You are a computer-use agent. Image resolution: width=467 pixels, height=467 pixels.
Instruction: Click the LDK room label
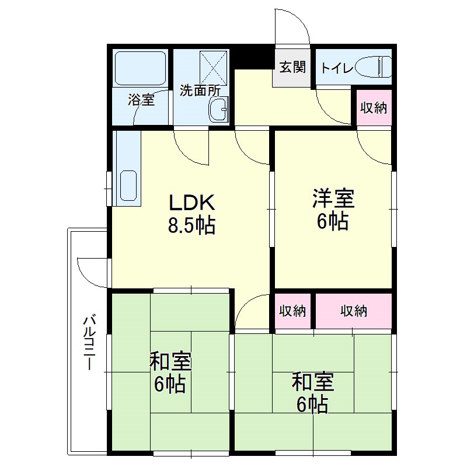point(193,203)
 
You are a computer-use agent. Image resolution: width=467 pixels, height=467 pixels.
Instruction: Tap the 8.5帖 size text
point(192,225)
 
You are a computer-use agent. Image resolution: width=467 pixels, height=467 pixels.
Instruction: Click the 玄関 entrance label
point(292,67)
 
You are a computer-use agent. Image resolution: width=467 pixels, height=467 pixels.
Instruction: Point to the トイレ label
point(336,68)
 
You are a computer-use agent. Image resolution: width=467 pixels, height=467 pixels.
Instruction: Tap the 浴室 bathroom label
point(141,100)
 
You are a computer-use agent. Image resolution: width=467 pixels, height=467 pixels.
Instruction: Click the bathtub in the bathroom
point(141,68)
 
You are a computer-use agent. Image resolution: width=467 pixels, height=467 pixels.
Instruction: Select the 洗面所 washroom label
point(199,90)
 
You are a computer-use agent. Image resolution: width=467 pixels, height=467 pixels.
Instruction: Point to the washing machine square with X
point(215,69)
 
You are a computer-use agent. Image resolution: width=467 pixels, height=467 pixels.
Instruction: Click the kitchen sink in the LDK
point(128,186)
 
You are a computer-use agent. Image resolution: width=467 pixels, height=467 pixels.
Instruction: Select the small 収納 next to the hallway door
point(292,311)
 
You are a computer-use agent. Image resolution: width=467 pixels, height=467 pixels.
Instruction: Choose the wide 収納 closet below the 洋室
point(354,311)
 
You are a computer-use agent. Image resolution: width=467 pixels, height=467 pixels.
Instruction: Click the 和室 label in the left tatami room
point(170,363)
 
